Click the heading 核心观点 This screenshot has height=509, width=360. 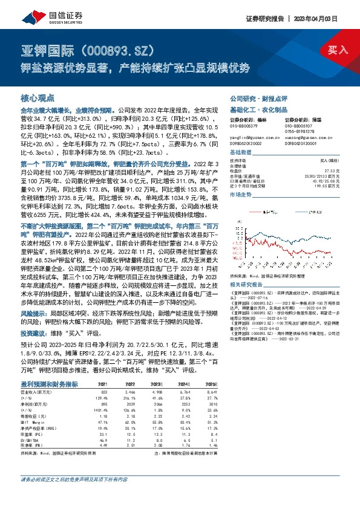38,97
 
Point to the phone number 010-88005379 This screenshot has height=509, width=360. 243,125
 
